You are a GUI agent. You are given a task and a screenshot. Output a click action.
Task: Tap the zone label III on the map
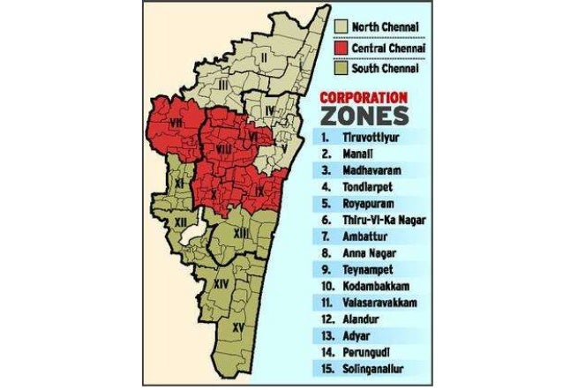[x=224, y=84]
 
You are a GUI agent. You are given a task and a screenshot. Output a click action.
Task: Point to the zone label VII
[x=176, y=124]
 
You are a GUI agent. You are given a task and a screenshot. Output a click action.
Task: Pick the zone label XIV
[x=223, y=284]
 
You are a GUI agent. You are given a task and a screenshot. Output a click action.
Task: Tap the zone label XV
[x=238, y=327]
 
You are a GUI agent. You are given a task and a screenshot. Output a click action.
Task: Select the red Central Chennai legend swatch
[x=340, y=47]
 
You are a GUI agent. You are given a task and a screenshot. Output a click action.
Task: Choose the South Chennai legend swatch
[x=340, y=68]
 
